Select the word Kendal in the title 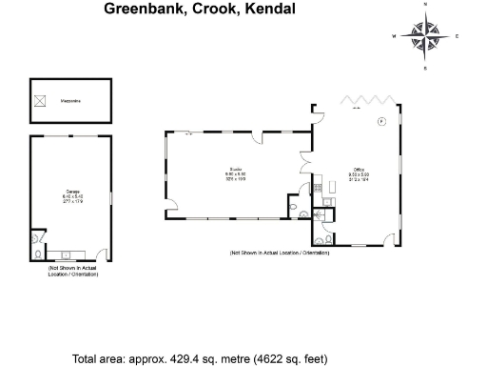(x=271, y=9)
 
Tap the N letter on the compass (x=425, y=5)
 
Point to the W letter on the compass (x=394, y=37)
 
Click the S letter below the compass (x=425, y=70)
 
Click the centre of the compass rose (x=425, y=37)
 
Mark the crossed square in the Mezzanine (x=40, y=99)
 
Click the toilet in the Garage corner (x=36, y=254)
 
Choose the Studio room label (x=235, y=173)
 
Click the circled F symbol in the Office (x=381, y=121)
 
